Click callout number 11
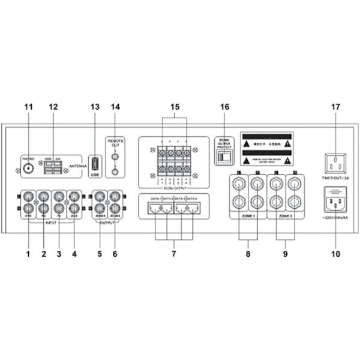click(28, 107)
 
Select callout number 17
click(335, 107)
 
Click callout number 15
click(175, 107)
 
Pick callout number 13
click(94, 107)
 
